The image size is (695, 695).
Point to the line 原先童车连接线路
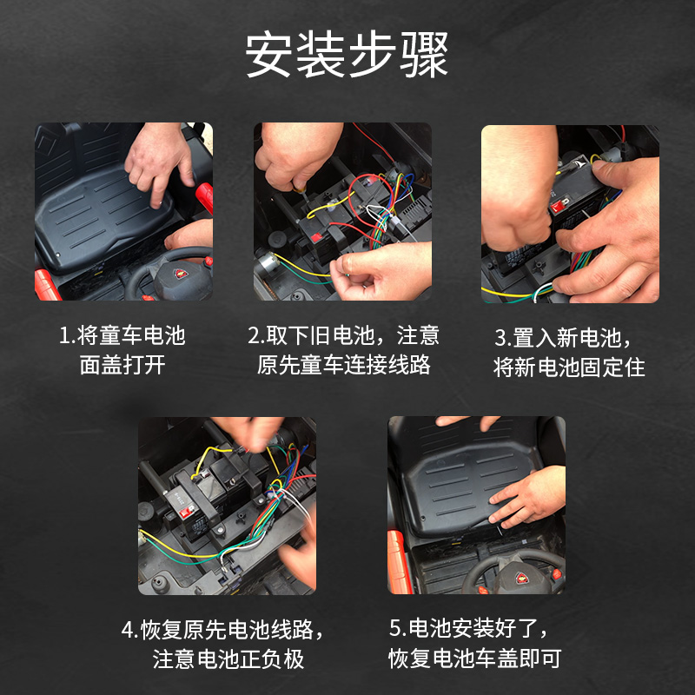[344, 365]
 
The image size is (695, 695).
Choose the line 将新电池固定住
[570, 367]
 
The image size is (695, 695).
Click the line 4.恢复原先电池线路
[228, 629]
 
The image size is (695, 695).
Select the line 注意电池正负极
[228, 659]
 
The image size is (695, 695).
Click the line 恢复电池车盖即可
[475, 659]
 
